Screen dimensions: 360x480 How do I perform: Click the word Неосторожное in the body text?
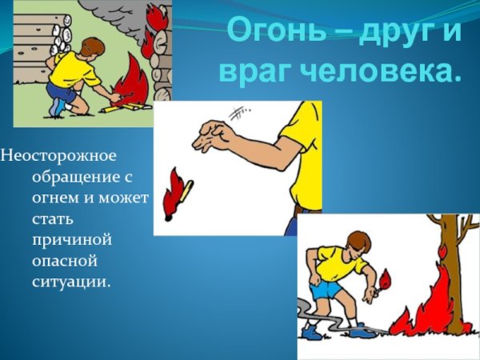(58, 154)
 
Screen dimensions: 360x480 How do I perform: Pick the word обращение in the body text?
(80, 174)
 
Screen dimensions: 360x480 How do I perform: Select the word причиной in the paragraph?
(71, 239)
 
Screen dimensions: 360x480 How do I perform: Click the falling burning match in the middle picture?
(177, 194)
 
